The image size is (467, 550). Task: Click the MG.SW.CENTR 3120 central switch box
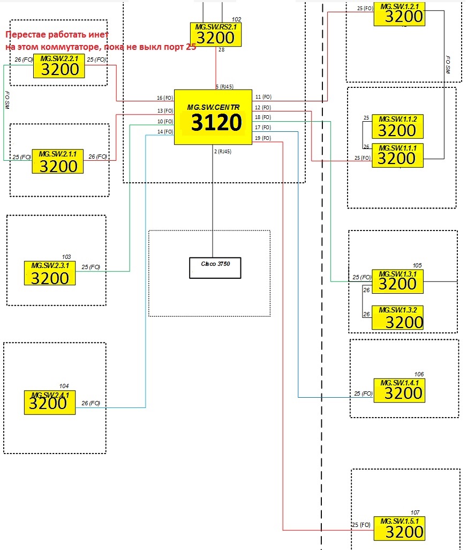213,117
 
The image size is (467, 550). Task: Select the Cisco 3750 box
215,268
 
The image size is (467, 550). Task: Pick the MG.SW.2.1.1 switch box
58,161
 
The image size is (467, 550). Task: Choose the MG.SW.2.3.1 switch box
50,273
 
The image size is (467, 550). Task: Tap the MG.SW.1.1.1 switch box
397,155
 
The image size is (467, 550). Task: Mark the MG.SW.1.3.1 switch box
397,281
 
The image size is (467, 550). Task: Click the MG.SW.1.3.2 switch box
397,318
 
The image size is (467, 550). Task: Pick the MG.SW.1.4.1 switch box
398,390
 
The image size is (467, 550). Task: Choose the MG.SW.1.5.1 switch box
398,528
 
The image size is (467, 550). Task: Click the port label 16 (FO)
164,98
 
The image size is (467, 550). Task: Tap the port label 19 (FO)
263,138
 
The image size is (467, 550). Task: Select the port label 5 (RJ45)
224,86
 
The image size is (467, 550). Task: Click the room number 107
415,512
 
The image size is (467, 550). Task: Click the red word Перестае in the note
26,35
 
